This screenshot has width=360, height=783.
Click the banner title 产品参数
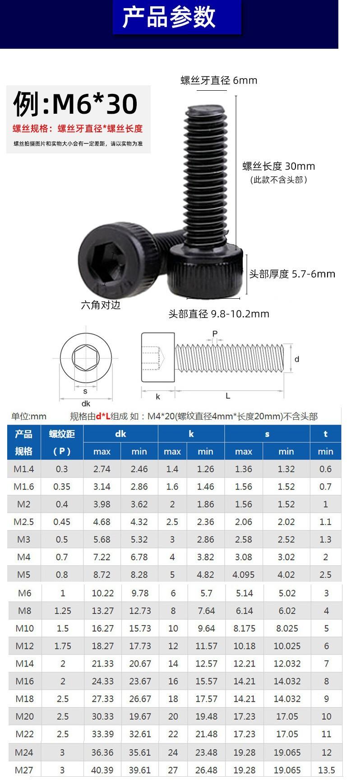pos(169,18)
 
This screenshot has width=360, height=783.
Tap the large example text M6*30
pos(95,104)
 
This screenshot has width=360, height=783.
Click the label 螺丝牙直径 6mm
pos(219,80)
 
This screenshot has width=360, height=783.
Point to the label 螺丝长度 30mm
pos(279,166)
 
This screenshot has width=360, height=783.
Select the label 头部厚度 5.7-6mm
pos(292,274)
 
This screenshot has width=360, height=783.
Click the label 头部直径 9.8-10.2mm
pos(219,314)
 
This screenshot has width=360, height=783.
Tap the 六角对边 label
pos(101,305)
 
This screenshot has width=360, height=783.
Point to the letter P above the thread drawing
pos(215,334)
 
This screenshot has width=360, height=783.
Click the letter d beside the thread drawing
pos(297,359)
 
